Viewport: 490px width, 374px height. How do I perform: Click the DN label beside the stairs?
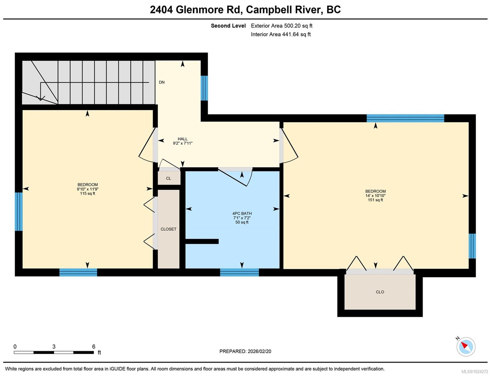point(162,82)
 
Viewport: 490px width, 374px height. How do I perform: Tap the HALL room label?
point(182,139)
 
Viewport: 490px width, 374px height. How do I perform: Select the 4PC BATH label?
point(242,213)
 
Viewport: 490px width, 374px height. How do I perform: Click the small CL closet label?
point(168,178)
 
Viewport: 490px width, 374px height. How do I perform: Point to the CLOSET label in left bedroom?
point(168,229)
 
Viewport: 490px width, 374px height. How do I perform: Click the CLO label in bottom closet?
point(380,292)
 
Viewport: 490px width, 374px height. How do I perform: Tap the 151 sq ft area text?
point(375,200)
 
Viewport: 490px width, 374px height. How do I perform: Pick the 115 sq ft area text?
point(87,194)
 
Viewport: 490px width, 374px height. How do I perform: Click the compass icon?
point(466,346)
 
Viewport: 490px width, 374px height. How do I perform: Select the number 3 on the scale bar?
point(54,347)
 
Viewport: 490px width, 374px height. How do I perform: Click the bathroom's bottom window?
point(239,272)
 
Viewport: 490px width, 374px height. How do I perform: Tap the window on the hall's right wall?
point(204,88)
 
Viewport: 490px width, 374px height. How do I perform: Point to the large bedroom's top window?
point(405,118)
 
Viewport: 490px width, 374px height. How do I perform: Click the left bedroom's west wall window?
point(19,211)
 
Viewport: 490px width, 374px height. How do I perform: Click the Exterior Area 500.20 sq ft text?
point(281,26)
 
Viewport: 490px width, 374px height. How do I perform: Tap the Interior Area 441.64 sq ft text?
point(280,34)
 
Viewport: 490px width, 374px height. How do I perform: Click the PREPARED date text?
point(245,351)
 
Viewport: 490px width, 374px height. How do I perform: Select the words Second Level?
point(228,26)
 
